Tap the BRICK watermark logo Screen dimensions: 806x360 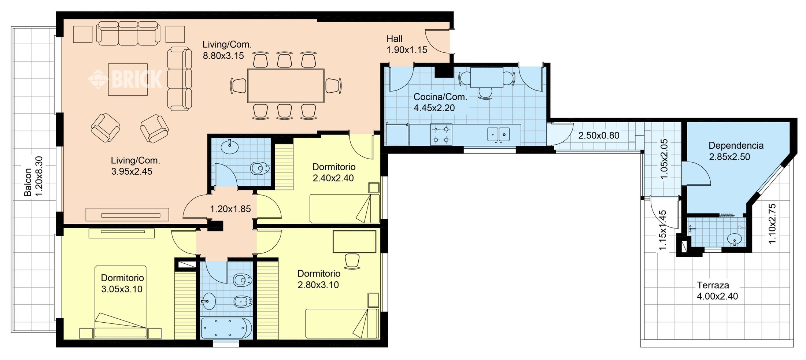tap(125, 79)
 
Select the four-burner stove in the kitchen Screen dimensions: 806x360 tap(441, 134)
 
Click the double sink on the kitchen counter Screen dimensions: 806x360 tap(498, 134)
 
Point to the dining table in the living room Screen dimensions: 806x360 tap(286, 86)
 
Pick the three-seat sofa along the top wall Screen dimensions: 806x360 tap(128, 33)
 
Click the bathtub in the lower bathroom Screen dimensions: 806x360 tap(226, 328)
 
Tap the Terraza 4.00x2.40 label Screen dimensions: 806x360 tap(717, 290)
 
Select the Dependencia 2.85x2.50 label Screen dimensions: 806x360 tap(736, 151)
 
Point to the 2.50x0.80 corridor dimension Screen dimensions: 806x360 tap(599, 136)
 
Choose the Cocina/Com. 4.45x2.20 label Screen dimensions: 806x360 tap(440, 102)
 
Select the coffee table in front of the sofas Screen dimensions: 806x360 tap(128, 79)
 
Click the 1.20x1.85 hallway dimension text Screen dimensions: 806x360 tap(230, 209)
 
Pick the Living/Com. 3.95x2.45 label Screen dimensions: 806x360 tap(135, 166)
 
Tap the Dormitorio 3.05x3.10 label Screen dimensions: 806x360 tap(122, 283)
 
